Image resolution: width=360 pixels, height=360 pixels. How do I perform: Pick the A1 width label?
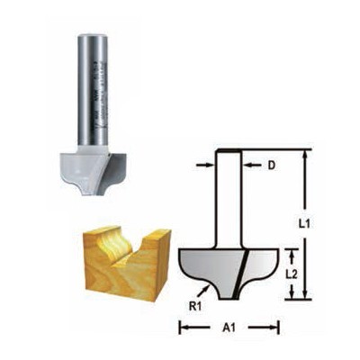pos(229,329)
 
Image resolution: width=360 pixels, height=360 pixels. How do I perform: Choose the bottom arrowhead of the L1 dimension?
pos(306,292)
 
